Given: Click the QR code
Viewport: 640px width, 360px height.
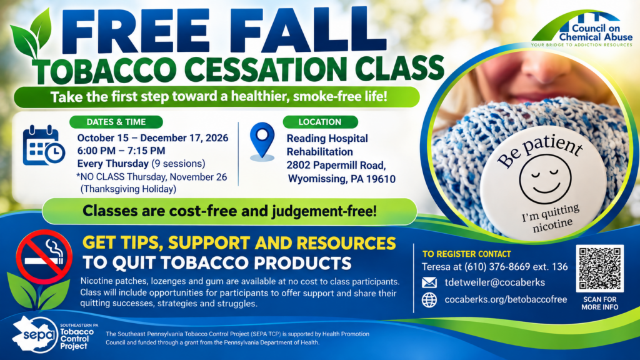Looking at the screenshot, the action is [x=599, y=268].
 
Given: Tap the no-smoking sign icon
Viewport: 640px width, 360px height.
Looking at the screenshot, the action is [x=44, y=257].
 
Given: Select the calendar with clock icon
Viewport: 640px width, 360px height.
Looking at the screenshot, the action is [x=44, y=145].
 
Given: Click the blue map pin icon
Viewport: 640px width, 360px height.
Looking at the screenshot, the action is [x=262, y=141].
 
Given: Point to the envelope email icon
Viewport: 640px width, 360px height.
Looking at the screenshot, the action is [x=429, y=282].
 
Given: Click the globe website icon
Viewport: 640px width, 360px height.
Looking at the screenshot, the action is [x=429, y=300].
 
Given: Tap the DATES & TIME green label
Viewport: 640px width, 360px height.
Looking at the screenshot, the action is [x=116, y=122].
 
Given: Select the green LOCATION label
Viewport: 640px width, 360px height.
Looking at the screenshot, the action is [x=320, y=122].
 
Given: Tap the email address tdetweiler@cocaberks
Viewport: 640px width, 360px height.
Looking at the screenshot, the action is [x=495, y=282].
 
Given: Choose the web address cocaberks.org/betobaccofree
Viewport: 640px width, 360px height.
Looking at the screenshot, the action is [x=506, y=299].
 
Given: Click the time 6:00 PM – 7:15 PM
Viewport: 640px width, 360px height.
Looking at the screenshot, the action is [x=121, y=151].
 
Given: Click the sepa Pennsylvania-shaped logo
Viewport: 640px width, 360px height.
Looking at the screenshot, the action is [x=35, y=334].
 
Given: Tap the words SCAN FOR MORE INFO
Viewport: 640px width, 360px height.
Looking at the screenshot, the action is [x=599, y=303].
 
